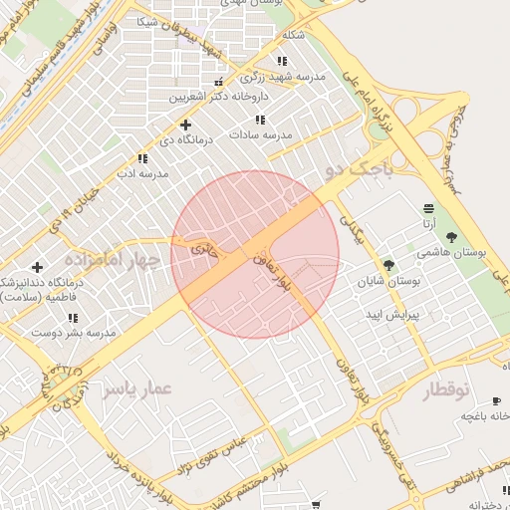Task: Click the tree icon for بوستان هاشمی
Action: (452, 237)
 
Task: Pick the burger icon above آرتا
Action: (428, 208)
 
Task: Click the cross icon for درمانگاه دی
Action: (185, 125)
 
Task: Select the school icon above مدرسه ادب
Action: (143, 157)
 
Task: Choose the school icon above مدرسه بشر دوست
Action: (73, 318)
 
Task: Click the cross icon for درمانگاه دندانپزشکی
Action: (37, 267)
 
